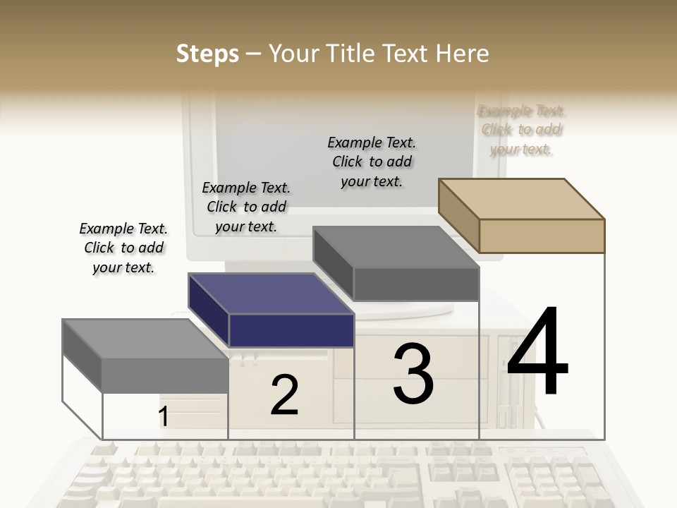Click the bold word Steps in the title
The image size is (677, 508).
point(207,54)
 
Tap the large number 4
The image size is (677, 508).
point(538,352)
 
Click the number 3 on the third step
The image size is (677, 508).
point(413,373)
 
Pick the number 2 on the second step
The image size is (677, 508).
point(284,395)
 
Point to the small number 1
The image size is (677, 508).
point(163,417)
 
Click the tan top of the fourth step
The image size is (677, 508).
point(522,198)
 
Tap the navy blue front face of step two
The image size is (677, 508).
point(291,330)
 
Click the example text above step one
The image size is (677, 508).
point(123,248)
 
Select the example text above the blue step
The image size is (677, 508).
point(246,207)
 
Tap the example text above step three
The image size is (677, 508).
point(372,162)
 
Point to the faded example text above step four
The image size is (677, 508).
point(522,130)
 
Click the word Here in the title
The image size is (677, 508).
point(463,54)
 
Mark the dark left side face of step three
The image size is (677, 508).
point(333,263)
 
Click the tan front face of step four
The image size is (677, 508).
point(542,236)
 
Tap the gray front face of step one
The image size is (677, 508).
point(165,375)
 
